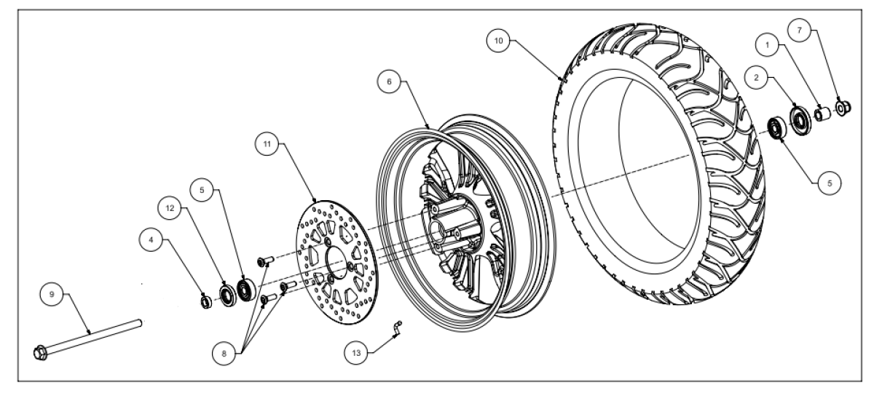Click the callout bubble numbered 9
(x=52, y=294)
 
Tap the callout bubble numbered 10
(x=499, y=41)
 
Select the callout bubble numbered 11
(x=267, y=144)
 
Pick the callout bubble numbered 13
(x=356, y=353)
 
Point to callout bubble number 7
(x=799, y=30)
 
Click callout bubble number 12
(x=170, y=208)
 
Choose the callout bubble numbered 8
(x=224, y=354)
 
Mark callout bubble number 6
(x=389, y=82)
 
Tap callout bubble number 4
(x=151, y=239)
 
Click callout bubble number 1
(x=767, y=45)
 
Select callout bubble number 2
(x=756, y=78)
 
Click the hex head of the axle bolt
(x=41, y=353)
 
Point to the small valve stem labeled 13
(x=397, y=328)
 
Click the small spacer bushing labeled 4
(x=205, y=302)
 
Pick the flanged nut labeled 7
(x=843, y=107)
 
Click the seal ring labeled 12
(x=227, y=295)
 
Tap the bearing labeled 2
(x=800, y=119)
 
